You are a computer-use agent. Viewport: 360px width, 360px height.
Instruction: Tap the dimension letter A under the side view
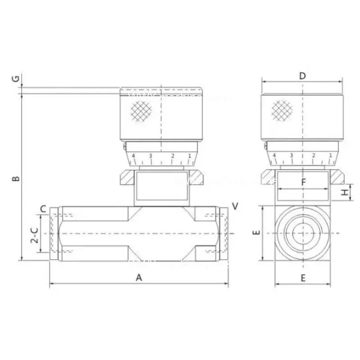click(x=139, y=278)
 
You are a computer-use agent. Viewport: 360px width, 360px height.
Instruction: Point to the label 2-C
click(x=34, y=234)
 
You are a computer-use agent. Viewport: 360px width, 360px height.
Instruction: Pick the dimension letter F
click(x=303, y=182)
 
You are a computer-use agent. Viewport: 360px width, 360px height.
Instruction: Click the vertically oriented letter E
click(x=256, y=233)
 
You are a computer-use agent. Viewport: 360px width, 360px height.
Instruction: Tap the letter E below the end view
click(x=303, y=278)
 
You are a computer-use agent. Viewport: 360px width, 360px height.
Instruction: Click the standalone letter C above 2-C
click(x=43, y=208)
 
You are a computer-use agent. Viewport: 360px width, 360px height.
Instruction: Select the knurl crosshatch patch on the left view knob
click(x=140, y=111)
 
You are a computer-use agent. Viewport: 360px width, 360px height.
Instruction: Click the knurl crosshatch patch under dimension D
click(x=283, y=111)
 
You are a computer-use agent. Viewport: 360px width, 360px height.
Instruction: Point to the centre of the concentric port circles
click(x=303, y=233)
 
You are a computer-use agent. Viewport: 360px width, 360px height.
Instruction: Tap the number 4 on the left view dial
click(x=133, y=156)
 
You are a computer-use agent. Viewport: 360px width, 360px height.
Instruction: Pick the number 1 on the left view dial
click(x=189, y=156)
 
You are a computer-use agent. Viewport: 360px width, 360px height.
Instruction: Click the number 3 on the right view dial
click(x=292, y=156)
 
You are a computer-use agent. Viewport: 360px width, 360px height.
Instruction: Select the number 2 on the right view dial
click(x=314, y=156)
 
